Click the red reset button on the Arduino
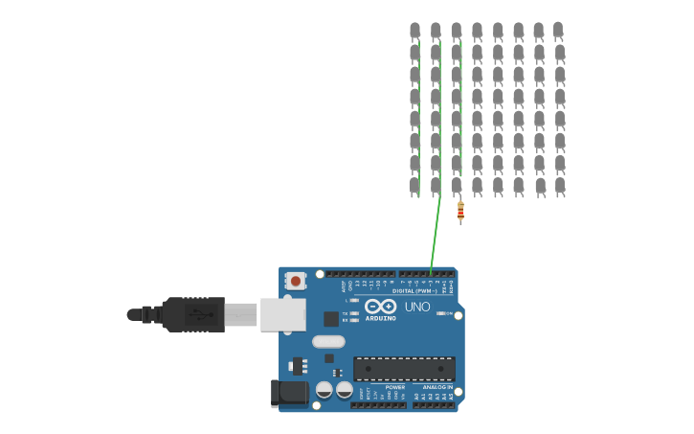click(296, 281)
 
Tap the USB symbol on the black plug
click(195, 313)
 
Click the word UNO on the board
click(417, 307)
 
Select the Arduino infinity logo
click(380, 306)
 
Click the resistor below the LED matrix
click(460, 212)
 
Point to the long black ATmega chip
click(404, 368)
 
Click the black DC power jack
click(288, 392)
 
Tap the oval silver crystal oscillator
click(327, 341)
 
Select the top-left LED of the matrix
click(414, 31)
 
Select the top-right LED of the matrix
click(558, 31)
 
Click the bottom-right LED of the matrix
click(559, 185)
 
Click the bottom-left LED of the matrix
click(414, 185)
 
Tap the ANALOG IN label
click(437, 387)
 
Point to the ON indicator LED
click(441, 313)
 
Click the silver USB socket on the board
click(282, 313)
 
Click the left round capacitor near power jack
click(325, 389)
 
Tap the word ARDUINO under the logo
click(380, 317)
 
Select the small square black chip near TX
click(330, 319)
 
